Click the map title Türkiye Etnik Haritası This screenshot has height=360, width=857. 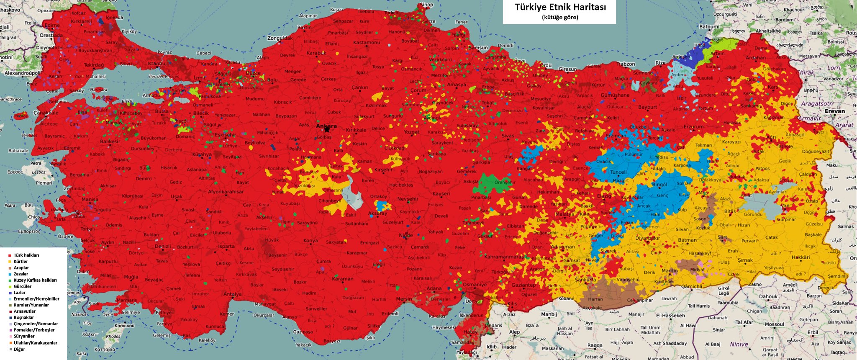[560, 8]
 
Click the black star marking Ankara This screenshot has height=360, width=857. [327, 130]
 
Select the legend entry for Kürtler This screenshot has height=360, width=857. [21, 262]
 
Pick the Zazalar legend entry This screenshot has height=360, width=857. [21, 274]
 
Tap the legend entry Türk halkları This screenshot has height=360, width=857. [26, 255]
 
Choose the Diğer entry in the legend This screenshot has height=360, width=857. [19, 349]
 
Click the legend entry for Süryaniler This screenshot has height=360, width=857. [23, 337]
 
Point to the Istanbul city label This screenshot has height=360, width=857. [157, 64]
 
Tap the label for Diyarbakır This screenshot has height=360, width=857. [647, 239]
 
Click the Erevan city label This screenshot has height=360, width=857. [834, 111]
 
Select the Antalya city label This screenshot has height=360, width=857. [232, 294]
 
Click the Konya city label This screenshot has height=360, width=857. [310, 241]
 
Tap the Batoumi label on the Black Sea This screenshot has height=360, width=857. [709, 27]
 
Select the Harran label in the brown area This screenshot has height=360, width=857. [595, 299]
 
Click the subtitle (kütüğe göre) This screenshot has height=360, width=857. [559, 18]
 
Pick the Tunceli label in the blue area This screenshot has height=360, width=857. [618, 172]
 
